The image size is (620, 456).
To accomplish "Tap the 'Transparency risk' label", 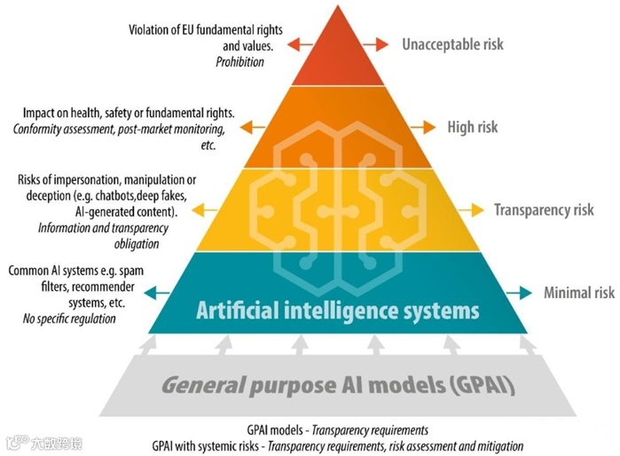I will click(544, 210).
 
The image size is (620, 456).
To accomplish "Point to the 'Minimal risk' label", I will click(578, 293).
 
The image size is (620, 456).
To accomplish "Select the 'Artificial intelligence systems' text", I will click(337, 311).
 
